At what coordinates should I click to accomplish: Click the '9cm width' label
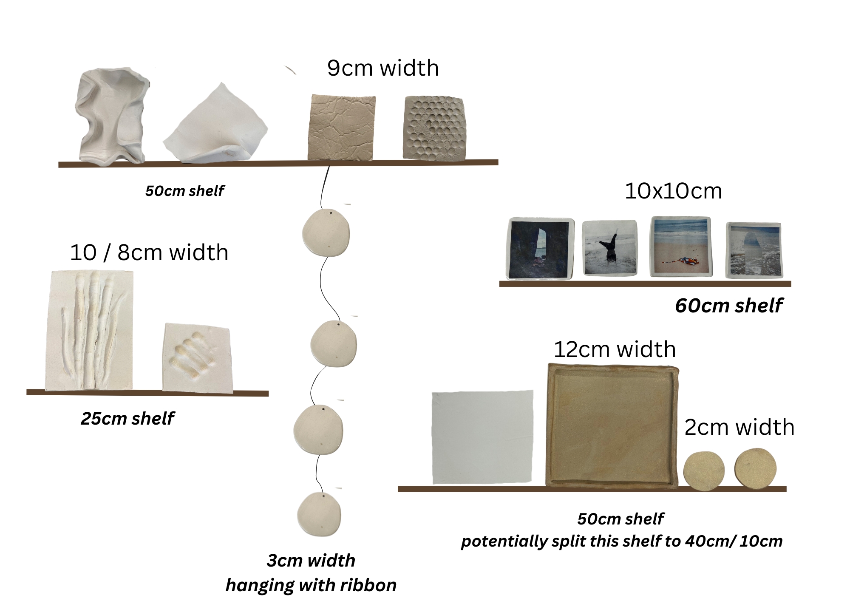pyautogui.click(x=383, y=68)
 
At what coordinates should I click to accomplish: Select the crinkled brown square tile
pyautogui.click(x=342, y=128)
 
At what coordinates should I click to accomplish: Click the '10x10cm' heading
pyautogui.click(x=673, y=191)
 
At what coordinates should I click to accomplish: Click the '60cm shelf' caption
pyautogui.click(x=728, y=306)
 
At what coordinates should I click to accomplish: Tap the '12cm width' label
pyautogui.click(x=615, y=349)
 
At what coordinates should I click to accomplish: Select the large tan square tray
pyautogui.click(x=612, y=425)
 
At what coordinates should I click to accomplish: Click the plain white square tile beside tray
pyautogui.click(x=482, y=437)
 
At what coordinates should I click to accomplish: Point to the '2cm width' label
pyautogui.click(x=739, y=427)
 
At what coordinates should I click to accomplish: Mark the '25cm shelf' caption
pyautogui.click(x=127, y=419)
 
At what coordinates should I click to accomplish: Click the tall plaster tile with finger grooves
pyautogui.click(x=89, y=330)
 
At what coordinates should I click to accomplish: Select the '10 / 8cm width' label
pyautogui.click(x=149, y=252)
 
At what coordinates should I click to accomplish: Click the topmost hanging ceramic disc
pyautogui.click(x=326, y=233)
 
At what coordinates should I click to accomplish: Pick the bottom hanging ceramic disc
pyautogui.click(x=319, y=514)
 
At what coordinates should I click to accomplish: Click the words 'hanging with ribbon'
pyautogui.click(x=311, y=585)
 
